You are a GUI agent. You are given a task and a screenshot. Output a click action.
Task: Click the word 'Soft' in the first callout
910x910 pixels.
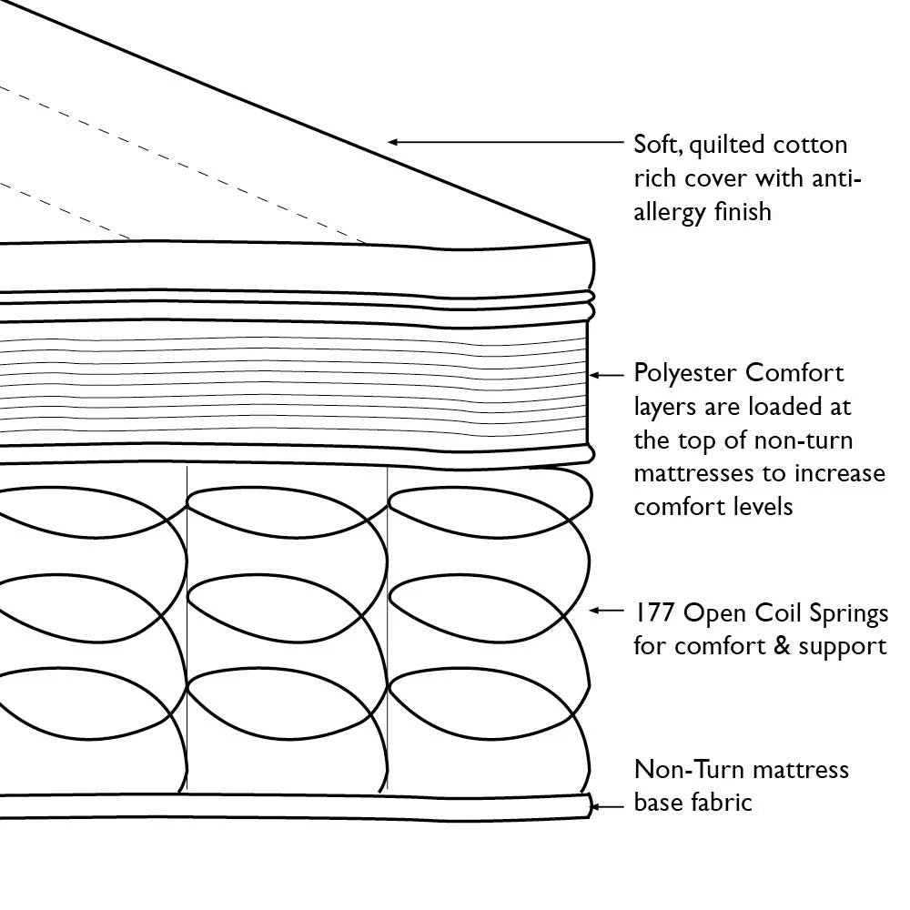pos(655,145)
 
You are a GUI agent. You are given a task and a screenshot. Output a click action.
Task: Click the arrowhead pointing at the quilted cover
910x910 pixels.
pos(394,142)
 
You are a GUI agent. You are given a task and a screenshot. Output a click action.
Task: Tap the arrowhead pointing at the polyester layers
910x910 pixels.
pos(594,374)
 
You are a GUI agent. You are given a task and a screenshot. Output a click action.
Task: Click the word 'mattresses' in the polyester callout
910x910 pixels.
pos(689,474)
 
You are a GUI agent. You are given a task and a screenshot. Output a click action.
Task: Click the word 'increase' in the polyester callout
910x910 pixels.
pos(842,474)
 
